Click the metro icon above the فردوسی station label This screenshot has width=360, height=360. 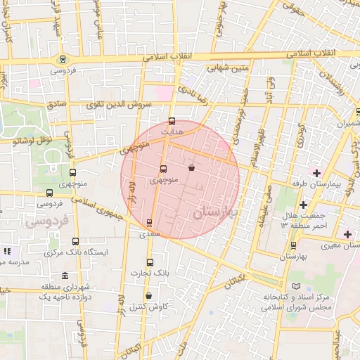pos(64,60)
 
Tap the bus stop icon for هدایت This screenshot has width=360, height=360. pos(173,122)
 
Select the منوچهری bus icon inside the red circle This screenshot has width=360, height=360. pos(163,169)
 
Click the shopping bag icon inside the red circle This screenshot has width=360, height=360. pos(192,168)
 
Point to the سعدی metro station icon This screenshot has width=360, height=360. pos(148,223)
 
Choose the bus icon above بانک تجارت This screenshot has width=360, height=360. pos(149,262)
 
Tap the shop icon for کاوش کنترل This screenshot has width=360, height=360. pos(148,296)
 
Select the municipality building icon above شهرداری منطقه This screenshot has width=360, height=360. pos(65,276)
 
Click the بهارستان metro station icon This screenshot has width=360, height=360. pos(294,245)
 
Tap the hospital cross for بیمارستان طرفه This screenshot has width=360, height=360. pos(316,173)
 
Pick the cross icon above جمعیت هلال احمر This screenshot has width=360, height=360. pos(303,205)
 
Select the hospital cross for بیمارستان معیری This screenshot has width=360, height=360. pos(347,234)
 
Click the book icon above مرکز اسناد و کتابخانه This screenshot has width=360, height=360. pos(295,286)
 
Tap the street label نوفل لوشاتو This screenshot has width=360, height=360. pos(33,141)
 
